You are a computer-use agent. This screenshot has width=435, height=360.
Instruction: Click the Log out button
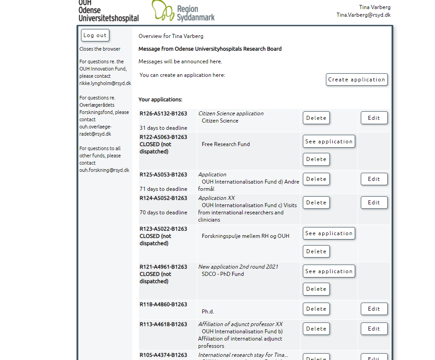95,35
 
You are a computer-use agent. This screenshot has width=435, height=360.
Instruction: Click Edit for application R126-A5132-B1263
374,118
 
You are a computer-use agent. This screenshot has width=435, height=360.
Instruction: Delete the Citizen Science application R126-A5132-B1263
316,118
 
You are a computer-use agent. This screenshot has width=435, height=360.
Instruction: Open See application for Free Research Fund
329,142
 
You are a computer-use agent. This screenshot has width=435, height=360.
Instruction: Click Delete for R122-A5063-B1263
316,159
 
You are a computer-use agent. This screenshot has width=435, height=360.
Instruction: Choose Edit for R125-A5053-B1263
374,179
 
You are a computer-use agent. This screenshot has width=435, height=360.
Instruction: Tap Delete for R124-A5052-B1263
316,203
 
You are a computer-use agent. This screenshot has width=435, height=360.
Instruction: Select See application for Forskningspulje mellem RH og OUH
329,233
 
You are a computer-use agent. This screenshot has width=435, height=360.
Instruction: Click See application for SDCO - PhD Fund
329,271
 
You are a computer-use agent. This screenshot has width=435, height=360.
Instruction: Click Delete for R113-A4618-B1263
316,329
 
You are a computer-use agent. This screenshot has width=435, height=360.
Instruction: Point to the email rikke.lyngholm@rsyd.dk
105,83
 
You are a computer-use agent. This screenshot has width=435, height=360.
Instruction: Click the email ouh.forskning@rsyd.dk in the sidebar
104,170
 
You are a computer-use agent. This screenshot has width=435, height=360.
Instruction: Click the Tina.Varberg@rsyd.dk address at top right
363,15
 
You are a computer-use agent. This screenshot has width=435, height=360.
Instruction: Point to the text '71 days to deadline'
163,189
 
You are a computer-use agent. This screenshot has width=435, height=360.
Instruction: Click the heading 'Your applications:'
160,99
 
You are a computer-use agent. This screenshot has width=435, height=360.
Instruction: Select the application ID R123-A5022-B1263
163,229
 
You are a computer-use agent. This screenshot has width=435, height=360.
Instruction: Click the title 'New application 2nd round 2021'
238,267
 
